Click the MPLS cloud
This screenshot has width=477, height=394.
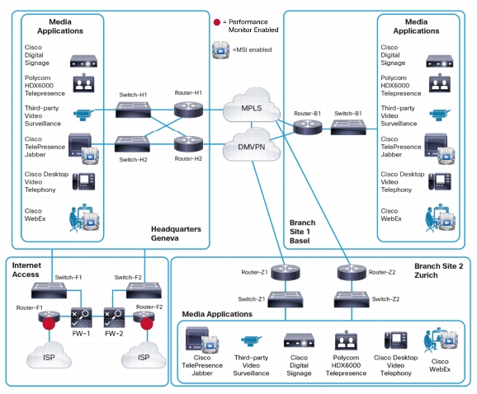click(251, 106)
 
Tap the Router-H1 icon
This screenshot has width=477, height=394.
click(188, 109)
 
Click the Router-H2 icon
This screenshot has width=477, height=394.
click(188, 143)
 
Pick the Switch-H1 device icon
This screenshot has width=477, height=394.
click(133, 110)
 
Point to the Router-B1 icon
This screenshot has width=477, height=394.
click(308, 127)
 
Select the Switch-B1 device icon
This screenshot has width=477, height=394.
click(348, 127)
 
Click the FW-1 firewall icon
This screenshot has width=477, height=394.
click(81, 317)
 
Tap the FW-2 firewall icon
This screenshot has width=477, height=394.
click(114, 317)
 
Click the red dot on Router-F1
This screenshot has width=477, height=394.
click(49, 324)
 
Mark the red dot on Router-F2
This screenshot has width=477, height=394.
click(147, 324)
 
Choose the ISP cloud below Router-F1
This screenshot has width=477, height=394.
click(49, 354)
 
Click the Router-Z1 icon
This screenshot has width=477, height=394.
click(285, 272)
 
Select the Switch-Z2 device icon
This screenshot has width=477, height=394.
click(352, 299)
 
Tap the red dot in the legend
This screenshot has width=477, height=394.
click(217, 22)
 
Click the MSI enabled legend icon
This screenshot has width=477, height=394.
click(221, 49)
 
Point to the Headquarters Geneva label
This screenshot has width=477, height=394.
click(176, 233)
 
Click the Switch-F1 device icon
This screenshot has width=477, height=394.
click(49, 290)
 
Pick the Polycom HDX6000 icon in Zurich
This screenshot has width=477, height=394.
click(346, 340)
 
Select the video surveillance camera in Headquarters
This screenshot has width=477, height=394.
click(83, 115)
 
